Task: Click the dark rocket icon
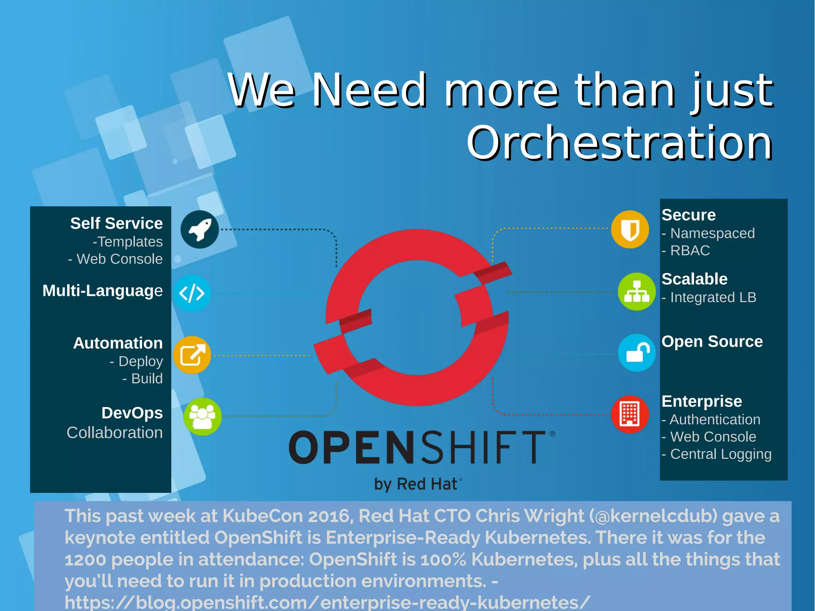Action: pyautogui.click(x=199, y=229)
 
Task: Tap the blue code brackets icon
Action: pyautogui.click(x=192, y=293)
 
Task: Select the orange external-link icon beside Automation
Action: pyautogui.click(x=192, y=355)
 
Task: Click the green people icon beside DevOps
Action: pyautogui.click(x=202, y=416)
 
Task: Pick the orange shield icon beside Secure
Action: pyautogui.click(x=630, y=229)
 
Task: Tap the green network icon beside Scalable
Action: pyautogui.click(x=637, y=292)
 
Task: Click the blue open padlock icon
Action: pyautogui.click(x=637, y=353)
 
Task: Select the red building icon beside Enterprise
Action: pyautogui.click(x=630, y=414)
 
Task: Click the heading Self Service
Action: pyautogui.click(x=116, y=223)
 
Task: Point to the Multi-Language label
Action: pyautogui.click(x=102, y=291)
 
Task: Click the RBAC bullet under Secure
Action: pyautogui.click(x=690, y=251)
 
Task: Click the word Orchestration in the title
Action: pyautogui.click(x=619, y=143)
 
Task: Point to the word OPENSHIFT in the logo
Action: pyautogui.click(x=417, y=447)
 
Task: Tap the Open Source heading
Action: pyautogui.click(x=712, y=342)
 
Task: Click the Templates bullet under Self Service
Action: pyautogui.click(x=128, y=242)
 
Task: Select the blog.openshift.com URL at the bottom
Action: pyautogui.click(x=327, y=603)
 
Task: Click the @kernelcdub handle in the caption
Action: pyautogui.click(x=653, y=516)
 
